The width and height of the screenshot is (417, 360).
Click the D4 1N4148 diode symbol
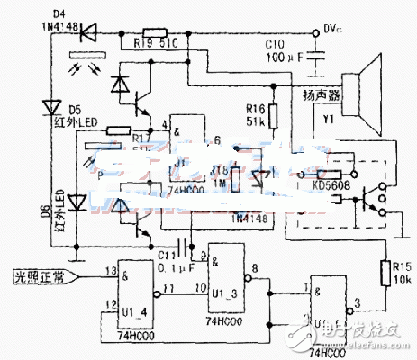(88, 34)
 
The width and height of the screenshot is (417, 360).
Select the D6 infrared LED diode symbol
(78, 201)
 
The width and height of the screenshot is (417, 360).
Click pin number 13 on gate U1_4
(108, 270)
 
